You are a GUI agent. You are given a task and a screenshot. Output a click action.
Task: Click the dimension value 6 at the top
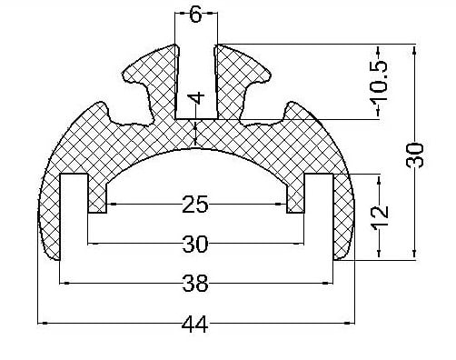(195, 15)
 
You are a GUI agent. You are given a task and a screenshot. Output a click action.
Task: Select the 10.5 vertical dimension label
(380, 85)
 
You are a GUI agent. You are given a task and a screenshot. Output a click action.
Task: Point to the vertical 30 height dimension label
(414, 155)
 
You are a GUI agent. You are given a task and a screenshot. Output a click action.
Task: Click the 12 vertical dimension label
(381, 217)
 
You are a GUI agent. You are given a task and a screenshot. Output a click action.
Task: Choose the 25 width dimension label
(195, 205)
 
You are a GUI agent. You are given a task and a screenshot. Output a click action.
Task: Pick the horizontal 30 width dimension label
(195, 244)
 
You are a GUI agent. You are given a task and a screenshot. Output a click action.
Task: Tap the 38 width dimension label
(195, 284)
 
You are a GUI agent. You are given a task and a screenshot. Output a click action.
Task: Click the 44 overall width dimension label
(195, 324)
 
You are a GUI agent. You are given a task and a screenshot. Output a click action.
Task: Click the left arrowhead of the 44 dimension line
(43, 323)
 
